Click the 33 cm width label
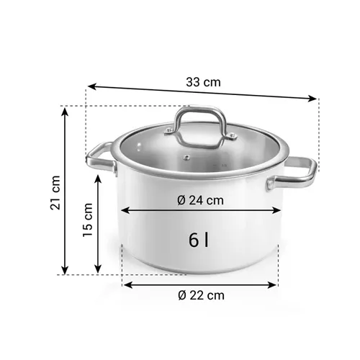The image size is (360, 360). pyautogui.click(x=203, y=81)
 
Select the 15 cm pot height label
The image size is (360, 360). pyautogui.click(x=89, y=222)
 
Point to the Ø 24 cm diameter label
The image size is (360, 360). pyautogui.click(x=201, y=199)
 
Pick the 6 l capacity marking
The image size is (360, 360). pyautogui.click(x=199, y=240)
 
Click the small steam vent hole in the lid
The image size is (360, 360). pyautogui.click(x=186, y=158)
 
